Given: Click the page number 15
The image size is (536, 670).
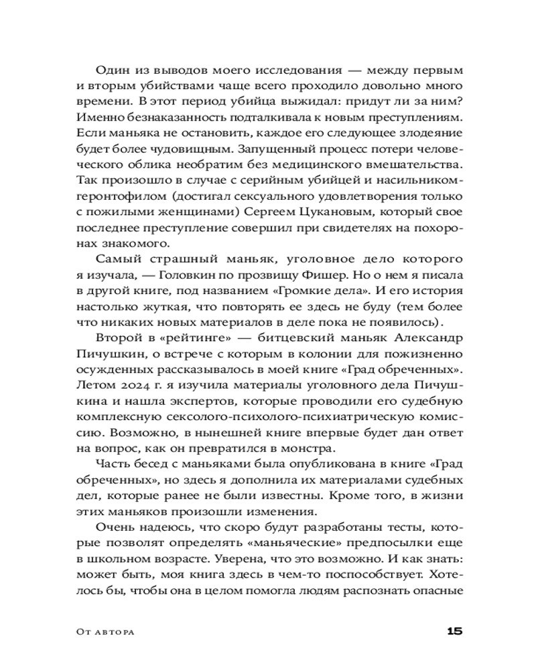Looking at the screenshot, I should click(x=454, y=631).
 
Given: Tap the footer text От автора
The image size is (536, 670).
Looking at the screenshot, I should click(x=105, y=632).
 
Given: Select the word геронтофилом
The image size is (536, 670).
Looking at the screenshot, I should click(x=120, y=196).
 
